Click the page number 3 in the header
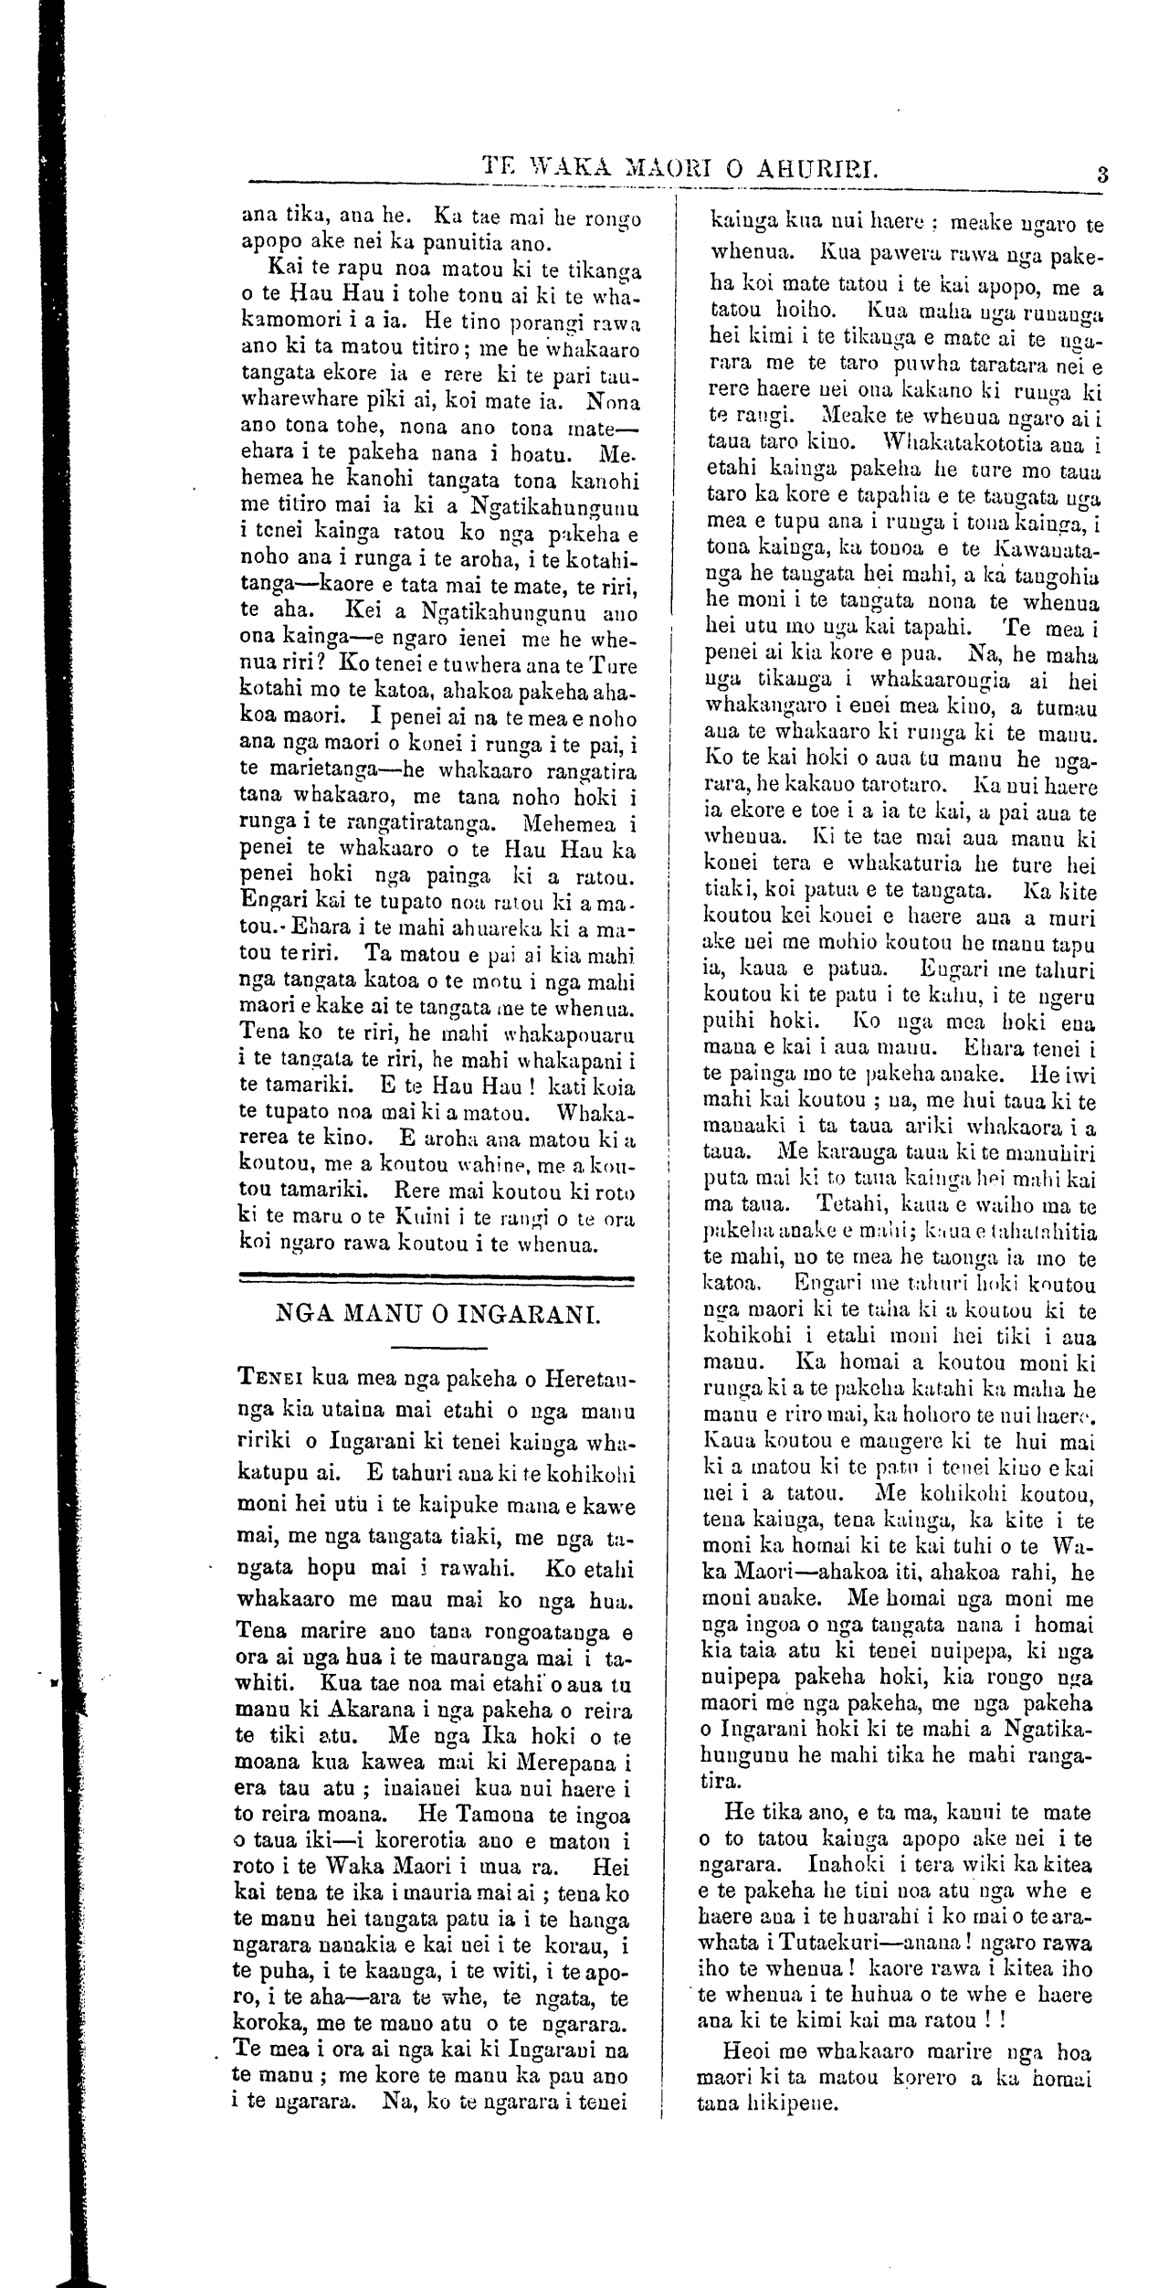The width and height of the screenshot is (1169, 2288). [x=1102, y=173]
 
